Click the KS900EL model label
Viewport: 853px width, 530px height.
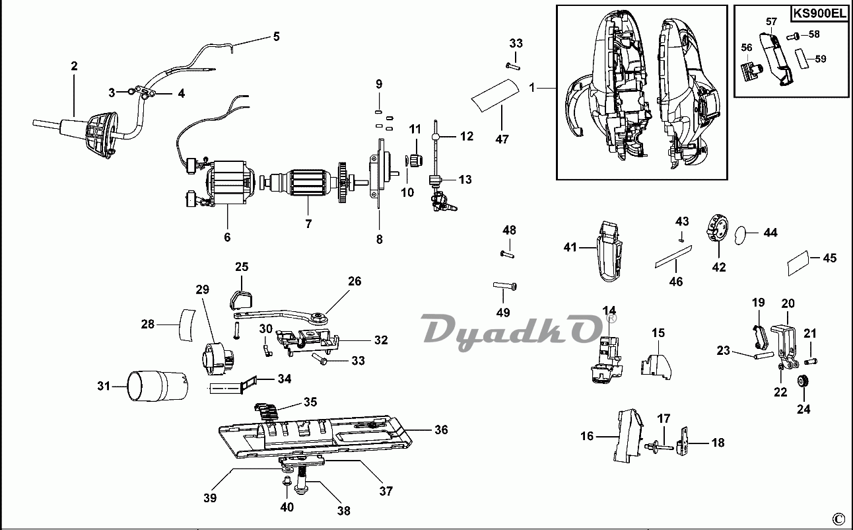819,14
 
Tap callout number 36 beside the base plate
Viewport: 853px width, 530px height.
441,430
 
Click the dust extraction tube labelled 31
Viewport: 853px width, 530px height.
158,385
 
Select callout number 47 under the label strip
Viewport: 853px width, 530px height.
502,139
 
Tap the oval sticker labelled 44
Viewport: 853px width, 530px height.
741,235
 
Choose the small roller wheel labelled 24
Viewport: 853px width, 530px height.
803,381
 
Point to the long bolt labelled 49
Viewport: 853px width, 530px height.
505,286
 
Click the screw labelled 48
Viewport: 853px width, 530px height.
507,254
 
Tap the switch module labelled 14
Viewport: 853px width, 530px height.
607,360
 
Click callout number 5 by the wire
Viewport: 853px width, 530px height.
277,36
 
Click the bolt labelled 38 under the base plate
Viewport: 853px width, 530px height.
302,480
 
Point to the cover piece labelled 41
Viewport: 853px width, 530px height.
609,251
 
